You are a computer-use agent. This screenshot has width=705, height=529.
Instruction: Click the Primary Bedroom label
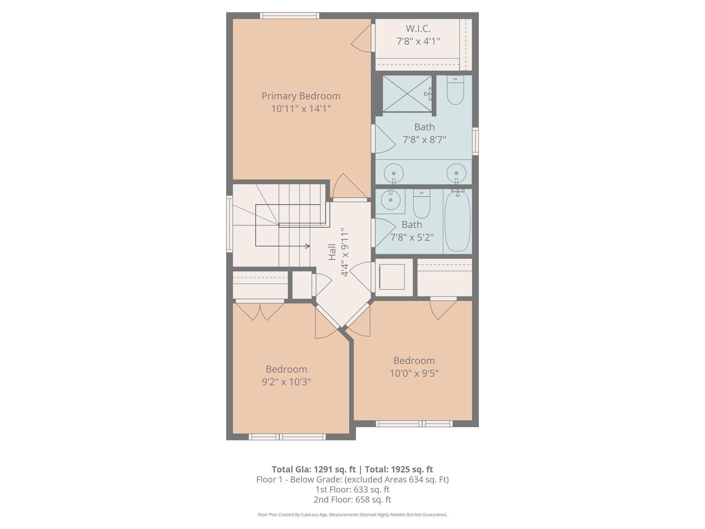pos(301,96)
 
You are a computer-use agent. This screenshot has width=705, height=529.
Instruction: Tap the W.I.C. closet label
pos(418,28)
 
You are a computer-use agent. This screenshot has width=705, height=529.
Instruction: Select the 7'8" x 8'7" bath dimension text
pos(424,140)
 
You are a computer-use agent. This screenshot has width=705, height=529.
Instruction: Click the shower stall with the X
pos(407,93)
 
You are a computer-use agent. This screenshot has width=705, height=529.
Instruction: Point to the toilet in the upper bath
pos(455,90)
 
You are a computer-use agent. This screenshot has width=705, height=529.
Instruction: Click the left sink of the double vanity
pos(393,173)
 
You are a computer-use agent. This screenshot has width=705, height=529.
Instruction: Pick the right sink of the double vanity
pos(456,173)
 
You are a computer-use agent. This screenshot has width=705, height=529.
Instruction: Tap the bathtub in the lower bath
pos(457,221)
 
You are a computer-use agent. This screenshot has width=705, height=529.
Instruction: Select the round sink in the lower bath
pos(391,200)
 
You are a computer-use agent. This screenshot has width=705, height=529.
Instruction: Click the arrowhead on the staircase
pos(307,246)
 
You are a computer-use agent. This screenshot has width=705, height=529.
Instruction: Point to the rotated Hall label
pos(332,252)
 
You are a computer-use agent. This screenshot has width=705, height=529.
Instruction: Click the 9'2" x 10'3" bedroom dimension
pos(286,382)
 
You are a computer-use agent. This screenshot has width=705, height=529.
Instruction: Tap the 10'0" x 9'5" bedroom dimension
pos(414,373)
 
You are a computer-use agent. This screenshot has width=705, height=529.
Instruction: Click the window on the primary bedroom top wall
pos(290,15)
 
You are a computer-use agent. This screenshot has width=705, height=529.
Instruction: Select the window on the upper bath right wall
pos(475,141)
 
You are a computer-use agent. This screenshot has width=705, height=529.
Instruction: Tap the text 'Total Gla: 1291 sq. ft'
pos(313,469)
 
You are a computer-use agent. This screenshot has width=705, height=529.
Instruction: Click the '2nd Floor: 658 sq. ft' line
pos(352,499)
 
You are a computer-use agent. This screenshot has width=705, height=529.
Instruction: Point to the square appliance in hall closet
pos(392,277)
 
